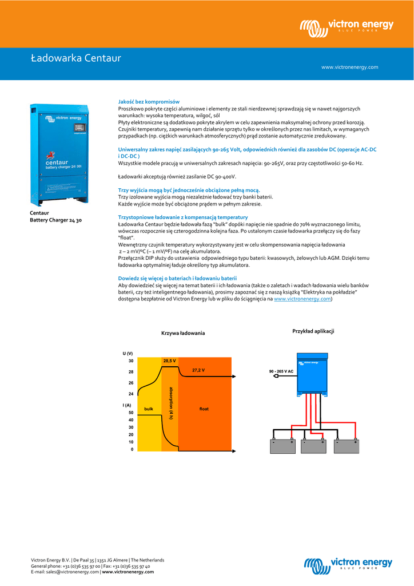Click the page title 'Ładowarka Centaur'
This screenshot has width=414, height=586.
pos(75,58)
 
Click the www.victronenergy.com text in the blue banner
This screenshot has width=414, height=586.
pos(349,67)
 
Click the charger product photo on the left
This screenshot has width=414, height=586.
pos(59,153)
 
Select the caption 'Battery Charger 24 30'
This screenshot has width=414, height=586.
pos(55,220)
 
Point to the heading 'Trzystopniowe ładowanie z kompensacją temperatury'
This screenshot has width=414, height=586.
pos(182,217)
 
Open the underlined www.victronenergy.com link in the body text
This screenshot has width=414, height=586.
pos(302,299)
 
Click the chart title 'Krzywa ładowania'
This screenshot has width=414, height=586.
pos(183,333)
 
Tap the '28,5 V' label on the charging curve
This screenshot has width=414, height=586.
pos(169,361)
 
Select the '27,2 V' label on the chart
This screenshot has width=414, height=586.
pos(198,370)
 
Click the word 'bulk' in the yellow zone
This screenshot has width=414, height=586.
pos(149,409)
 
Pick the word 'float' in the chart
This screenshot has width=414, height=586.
pos(204,409)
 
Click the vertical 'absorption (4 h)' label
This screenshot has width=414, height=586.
pos(170,403)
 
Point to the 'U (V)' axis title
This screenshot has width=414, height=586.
pos(127,354)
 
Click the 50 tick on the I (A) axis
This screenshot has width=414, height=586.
pos(130,413)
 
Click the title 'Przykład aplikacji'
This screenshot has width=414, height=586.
pos(313,331)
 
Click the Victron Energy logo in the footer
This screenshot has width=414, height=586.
pos(348,564)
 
